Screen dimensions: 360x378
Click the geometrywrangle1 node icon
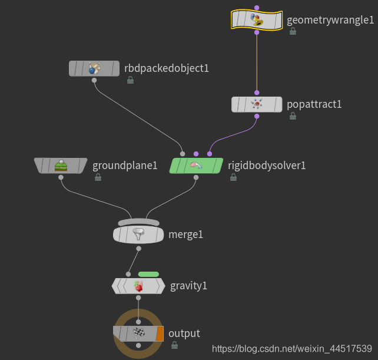coord(256,21)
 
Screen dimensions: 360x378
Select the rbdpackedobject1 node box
coord(94,68)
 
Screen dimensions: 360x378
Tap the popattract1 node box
coord(256,104)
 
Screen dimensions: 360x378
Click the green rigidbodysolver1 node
coord(196,166)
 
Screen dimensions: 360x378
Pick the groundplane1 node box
coord(61,166)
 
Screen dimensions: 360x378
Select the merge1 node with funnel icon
coord(138,235)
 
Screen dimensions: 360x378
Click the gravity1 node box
coord(138,286)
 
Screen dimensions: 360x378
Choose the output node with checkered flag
coord(138,333)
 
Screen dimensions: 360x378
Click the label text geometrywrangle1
coord(330,21)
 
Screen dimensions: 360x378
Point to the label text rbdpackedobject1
coord(167,68)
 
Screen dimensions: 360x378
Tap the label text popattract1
coord(314,104)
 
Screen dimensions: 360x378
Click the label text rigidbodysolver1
coord(267,166)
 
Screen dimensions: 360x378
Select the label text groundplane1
coord(125,166)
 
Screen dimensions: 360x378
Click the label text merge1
coord(185,235)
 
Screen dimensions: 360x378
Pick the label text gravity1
coord(188,286)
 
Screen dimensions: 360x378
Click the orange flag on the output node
coord(160,333)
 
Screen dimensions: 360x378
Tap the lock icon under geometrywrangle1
coord(293,31)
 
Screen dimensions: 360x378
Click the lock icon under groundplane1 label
coord(98,177)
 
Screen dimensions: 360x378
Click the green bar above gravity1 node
coord(148,274)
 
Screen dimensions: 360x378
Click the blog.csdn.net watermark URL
coord(291,349)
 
